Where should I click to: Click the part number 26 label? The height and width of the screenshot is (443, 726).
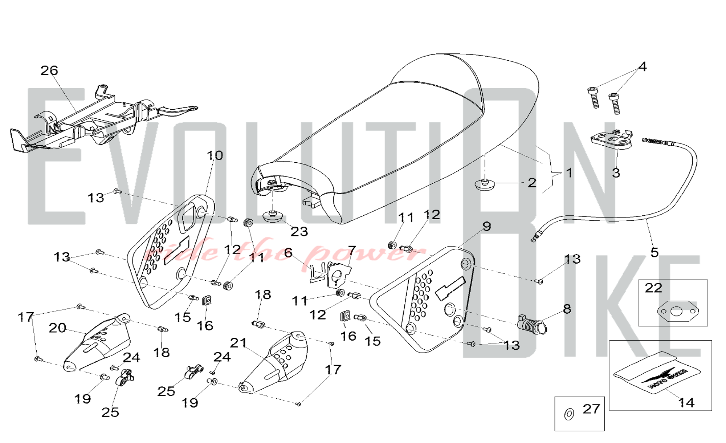click(x=49, y=70)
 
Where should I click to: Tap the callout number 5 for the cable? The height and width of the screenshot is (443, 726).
click(x=654, y=252)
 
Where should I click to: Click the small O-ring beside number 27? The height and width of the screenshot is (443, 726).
click(x=569, y=414)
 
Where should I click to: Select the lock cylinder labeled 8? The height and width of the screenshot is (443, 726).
click(x=533, y=324)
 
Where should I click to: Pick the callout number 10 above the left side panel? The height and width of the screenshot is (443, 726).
click(x=215, y=156)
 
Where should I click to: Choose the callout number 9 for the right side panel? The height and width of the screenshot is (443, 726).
click(x=487, y=226)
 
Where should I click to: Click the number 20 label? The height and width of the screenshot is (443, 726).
click(x=57, y=328)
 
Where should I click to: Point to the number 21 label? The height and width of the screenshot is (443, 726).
click(x=238, y=342)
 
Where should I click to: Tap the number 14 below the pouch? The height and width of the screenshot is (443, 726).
click(x=686, y=403)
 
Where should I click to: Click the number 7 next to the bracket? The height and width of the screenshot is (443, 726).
click(x=352, y=250)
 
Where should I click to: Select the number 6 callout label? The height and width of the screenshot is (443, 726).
click(x=288, y=253)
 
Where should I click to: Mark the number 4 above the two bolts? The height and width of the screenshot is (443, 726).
click(x=643, y=67)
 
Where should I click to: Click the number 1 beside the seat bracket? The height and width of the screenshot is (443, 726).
click(x=569, y=173)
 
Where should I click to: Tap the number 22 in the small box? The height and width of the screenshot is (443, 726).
click(x=653, y=288)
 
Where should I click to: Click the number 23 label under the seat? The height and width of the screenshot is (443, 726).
click(x=299, y=231)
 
